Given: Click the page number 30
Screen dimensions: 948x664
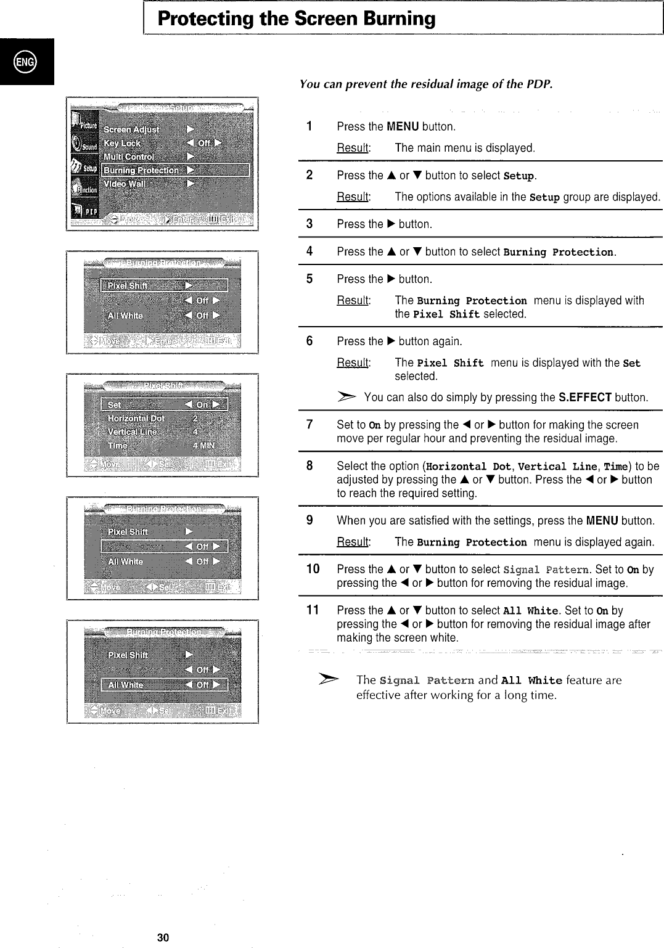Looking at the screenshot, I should tap(163, 938).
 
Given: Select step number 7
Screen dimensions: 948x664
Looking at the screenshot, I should tap(309, 425).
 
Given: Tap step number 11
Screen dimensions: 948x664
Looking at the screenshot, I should tap(313, 610).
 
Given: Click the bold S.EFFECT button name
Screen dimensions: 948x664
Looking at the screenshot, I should tap(584, 398).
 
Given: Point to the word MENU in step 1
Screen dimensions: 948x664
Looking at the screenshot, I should tap(403, 127).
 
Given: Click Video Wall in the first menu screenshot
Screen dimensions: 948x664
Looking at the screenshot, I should tap(125, 184).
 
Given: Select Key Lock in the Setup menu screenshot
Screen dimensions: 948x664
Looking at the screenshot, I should tap(122, 143).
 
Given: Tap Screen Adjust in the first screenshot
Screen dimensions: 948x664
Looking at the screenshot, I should tap(131, 129).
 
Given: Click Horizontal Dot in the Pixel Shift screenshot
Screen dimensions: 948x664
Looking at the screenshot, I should tap(136, 418).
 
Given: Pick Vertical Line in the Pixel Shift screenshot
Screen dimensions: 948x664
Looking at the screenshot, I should tap(131, 431).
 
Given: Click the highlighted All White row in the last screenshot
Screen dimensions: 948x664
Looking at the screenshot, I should tap(165, 685).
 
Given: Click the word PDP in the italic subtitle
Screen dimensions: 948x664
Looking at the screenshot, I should tap(540, 84).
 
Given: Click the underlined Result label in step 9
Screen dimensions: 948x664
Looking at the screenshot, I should tap(353, 542).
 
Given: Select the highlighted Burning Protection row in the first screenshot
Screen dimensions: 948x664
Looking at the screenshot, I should tap(175, 170).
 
